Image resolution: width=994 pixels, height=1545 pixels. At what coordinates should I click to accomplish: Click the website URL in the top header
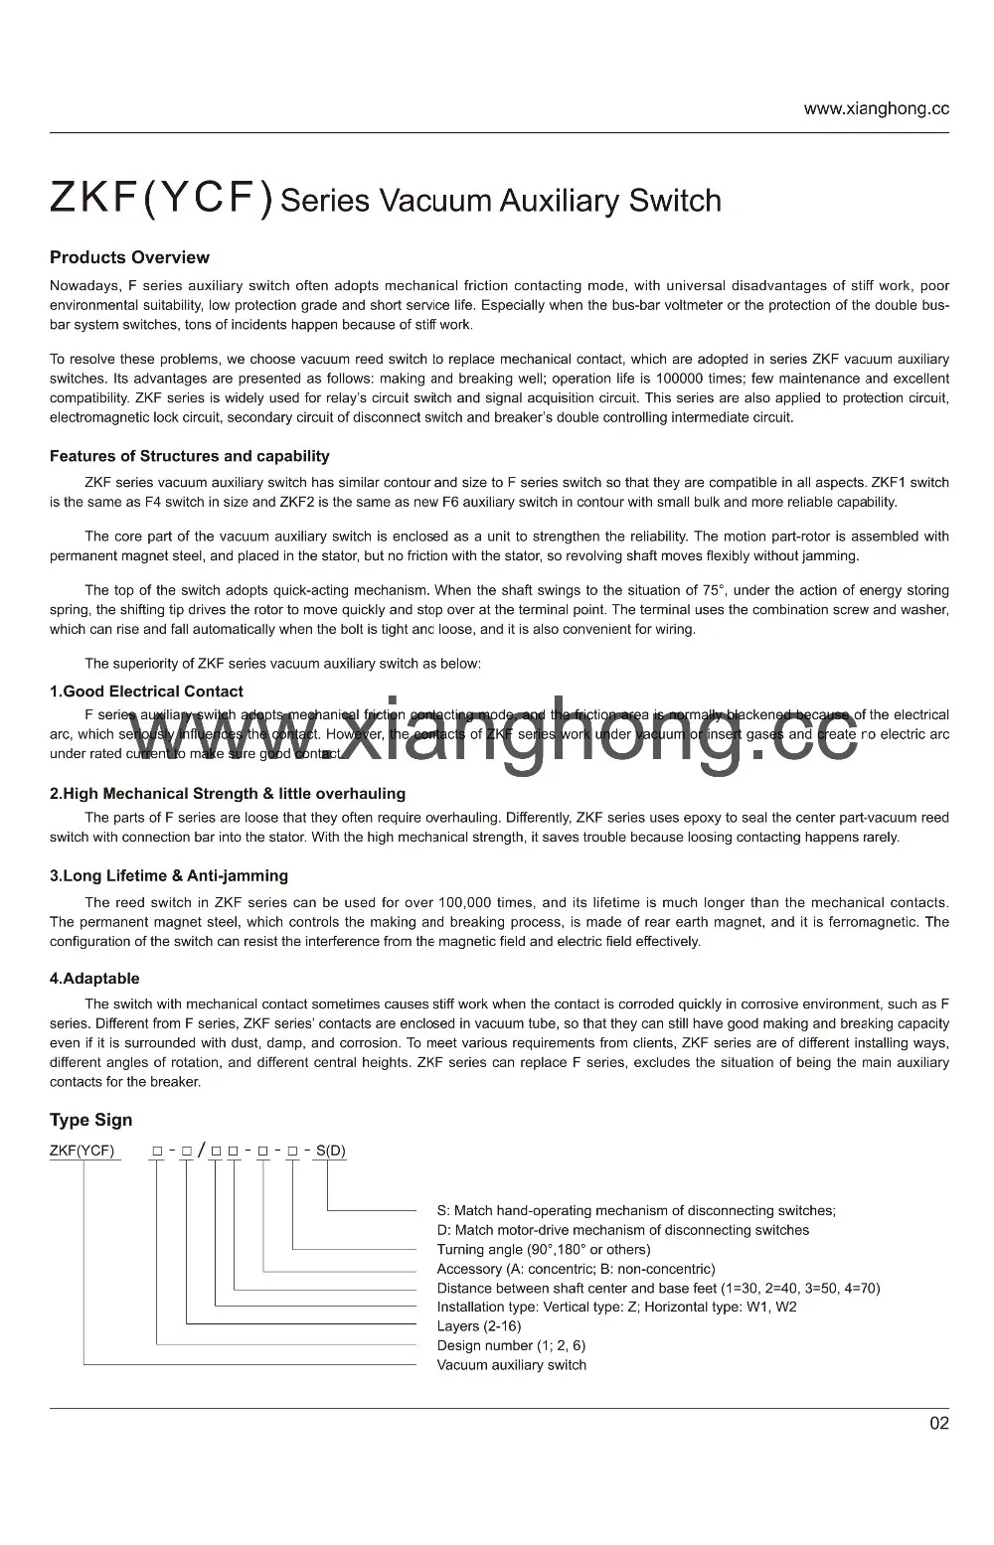pyautogui.click(x=876, y=109)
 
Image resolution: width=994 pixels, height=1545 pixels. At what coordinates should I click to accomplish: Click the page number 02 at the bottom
pyautogui.click(x=938, y=1423)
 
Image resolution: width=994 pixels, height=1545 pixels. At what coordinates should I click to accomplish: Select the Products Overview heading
pyautogui.click(x=129, y=257)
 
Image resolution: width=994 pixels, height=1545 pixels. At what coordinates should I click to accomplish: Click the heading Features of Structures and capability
pyautogui.click(x=189, y=456)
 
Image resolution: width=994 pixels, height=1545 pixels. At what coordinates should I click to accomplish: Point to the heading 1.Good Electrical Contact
pyautogui.click(x=146, y=692)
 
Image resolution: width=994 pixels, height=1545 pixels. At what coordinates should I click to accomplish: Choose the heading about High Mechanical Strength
pyautogui.click(x=228, y=793)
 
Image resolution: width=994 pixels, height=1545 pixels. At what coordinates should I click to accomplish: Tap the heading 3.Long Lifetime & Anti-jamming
pyautogui.click(x=169, y=875)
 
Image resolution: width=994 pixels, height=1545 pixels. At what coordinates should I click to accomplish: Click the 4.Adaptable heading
pyautogui.click(x=94, y=979)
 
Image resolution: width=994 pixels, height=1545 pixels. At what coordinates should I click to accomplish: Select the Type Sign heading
pyautogui.click(x=90, y=1120)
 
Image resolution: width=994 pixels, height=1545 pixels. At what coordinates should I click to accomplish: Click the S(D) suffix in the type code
pyautogui.click(x=331, y=1151)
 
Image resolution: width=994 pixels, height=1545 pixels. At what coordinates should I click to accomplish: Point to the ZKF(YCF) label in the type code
pyautogui.click(x=83, y=1152)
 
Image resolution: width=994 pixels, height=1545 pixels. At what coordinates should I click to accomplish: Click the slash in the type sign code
pyautogui.click(x=202, y=1151)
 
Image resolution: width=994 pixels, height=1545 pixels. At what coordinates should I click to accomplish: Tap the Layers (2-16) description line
pyautogui.click(x=478, y=1326)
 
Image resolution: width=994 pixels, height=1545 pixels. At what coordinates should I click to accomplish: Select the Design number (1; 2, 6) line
pyautogui.click(x=511, y=1345)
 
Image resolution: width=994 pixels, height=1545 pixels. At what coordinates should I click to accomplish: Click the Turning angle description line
pyautogui.click(x=544, y=1249)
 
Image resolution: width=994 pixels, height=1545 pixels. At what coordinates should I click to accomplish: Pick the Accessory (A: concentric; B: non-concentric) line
pyautogui.click(x=576, y=1269)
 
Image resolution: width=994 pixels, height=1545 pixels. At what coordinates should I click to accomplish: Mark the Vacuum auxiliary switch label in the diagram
pyautogui.click(x=511, y=1365)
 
